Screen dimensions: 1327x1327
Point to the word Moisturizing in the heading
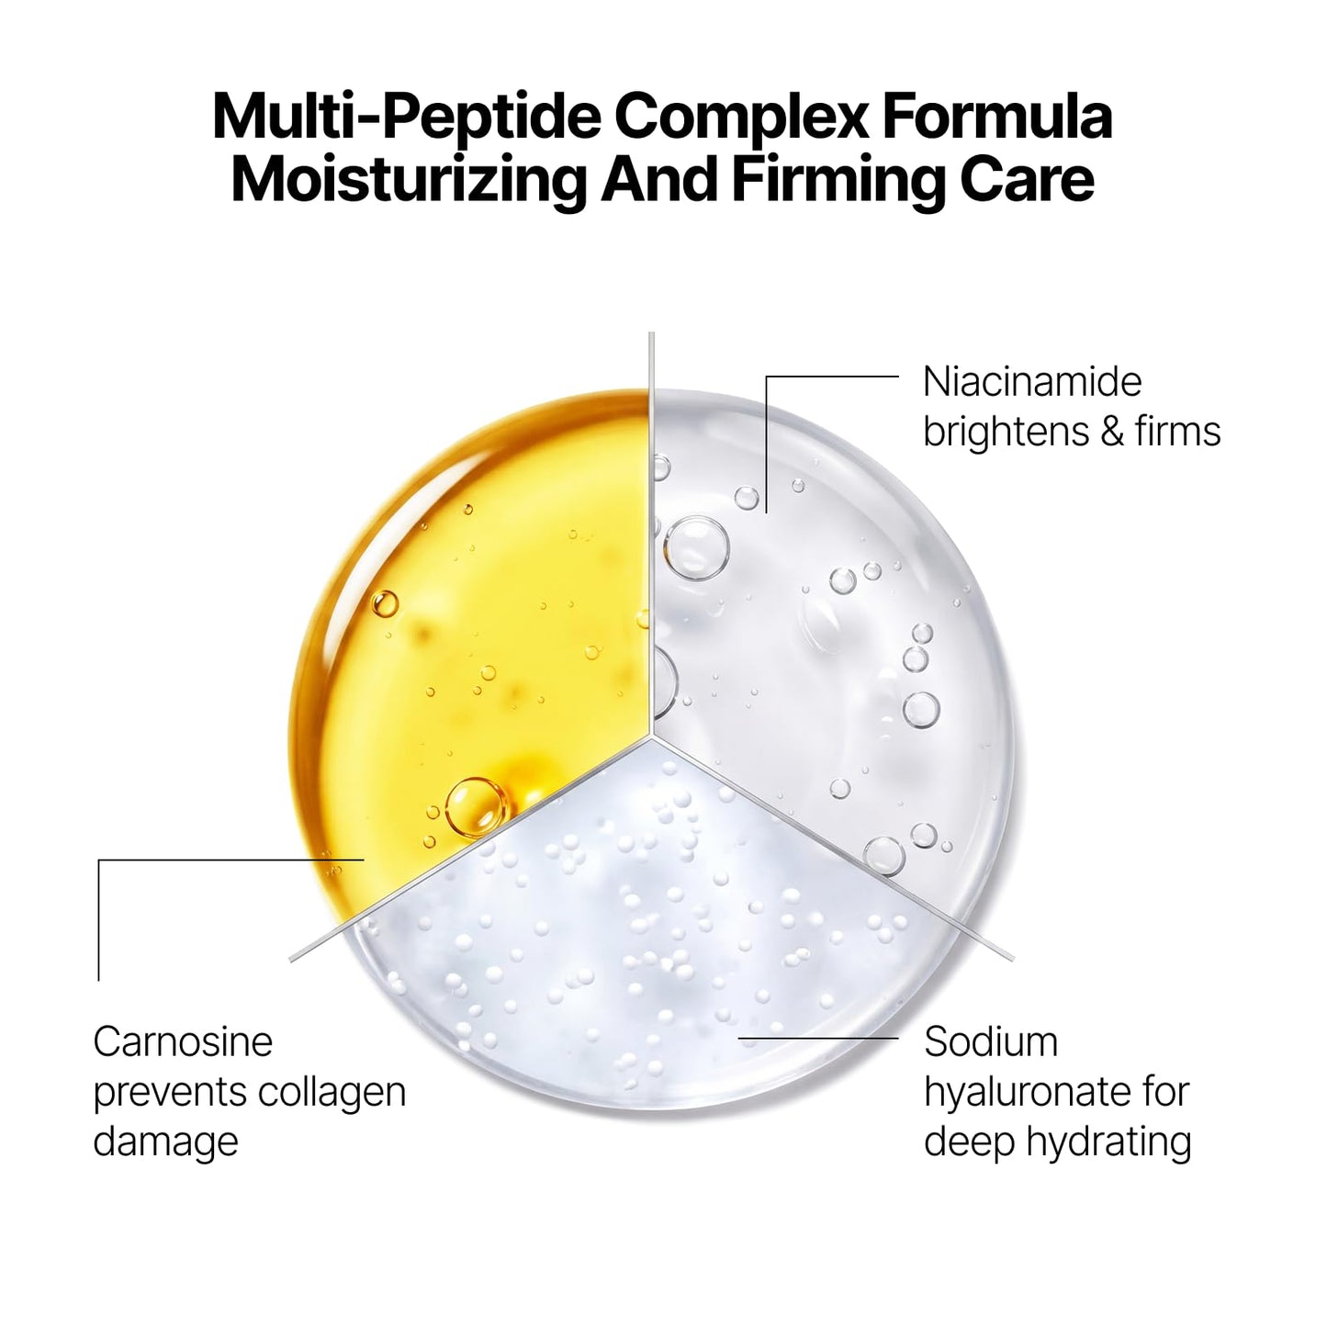(x=409, y=180)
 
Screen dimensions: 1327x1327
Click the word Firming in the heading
(x=838, y=180)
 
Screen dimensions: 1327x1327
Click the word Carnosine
(x=183, y=1042)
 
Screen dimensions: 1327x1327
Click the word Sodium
(x=991, y=1042)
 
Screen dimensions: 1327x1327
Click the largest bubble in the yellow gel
(x=476, y=808)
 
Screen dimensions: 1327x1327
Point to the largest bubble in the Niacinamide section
(x=696, y=548)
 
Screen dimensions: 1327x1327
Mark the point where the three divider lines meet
(x=651, y=737)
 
